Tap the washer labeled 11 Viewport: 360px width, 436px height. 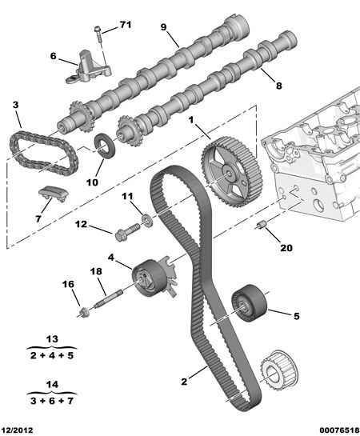click(x=146, y=219)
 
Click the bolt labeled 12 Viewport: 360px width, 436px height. click(x=126, y=233)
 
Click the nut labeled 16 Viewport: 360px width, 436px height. click(x=82, y=310)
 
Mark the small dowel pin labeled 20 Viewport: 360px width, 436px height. click(x=260, y=226)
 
